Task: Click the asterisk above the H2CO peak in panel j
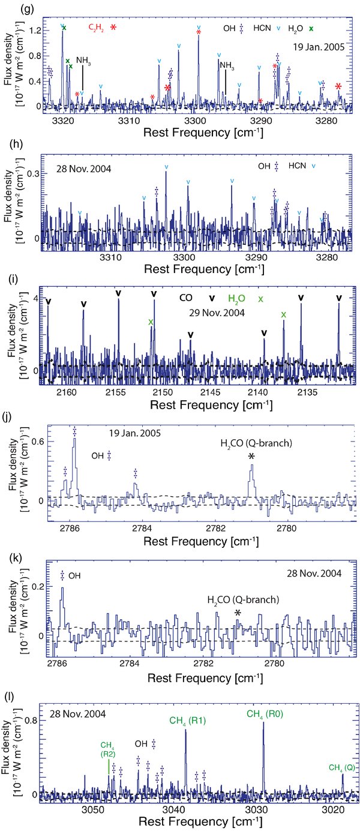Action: click(x=251, y=457)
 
